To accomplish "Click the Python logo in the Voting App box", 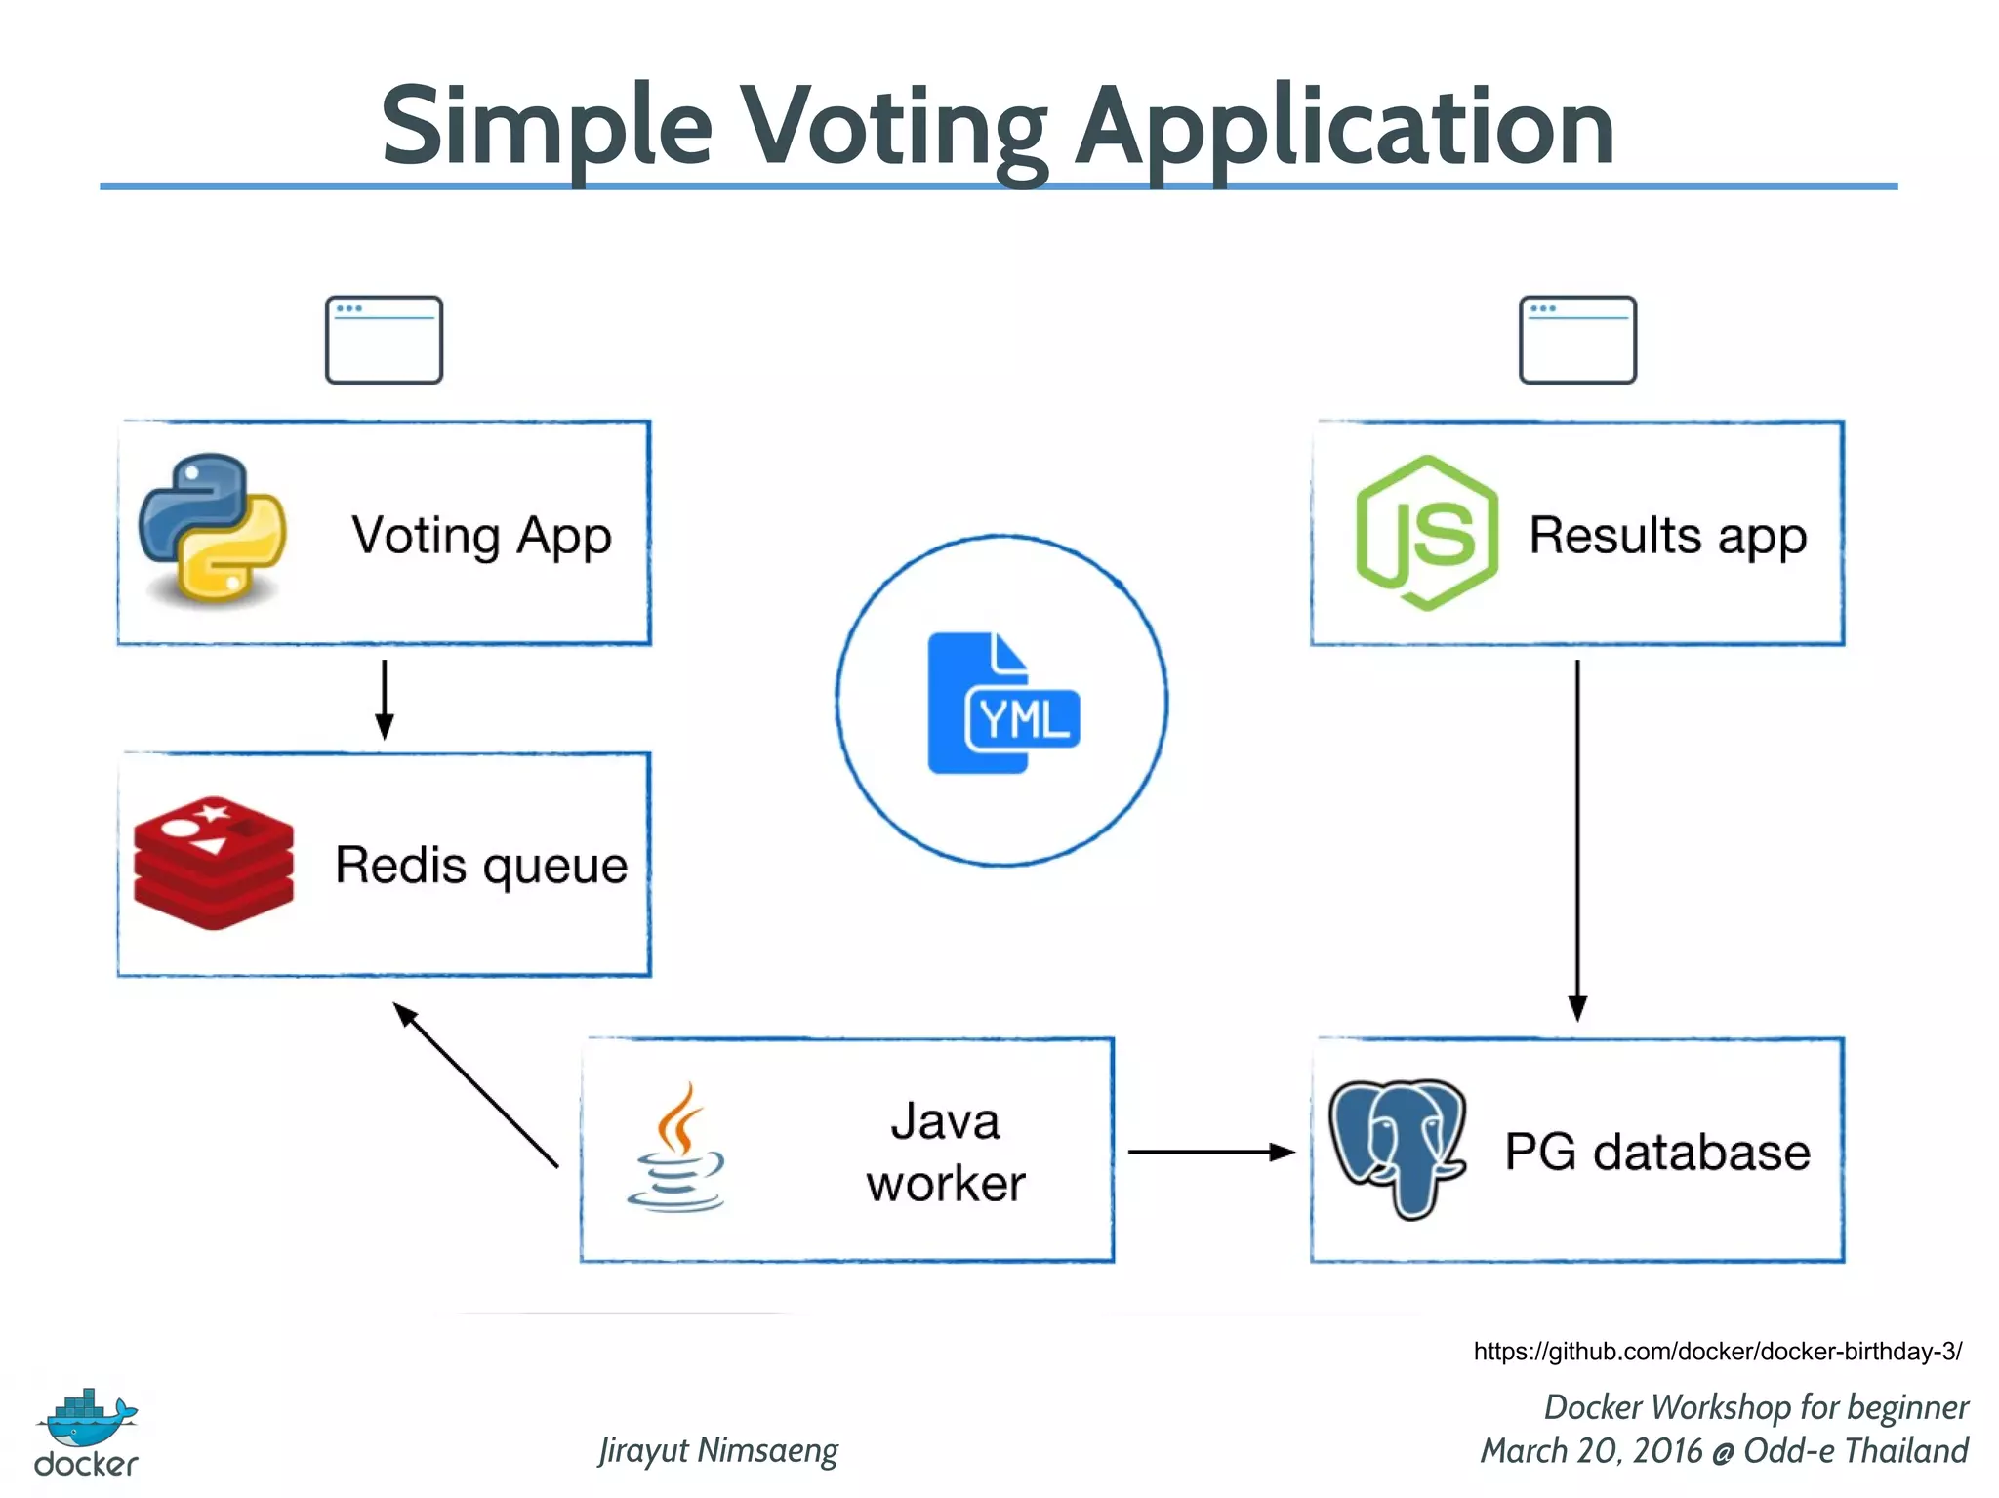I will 212,528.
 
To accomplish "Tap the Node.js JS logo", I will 1427,533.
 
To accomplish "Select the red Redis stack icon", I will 213,863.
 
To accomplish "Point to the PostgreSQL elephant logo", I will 1398,1147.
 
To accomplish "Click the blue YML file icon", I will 1002,703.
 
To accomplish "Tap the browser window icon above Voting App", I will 384,340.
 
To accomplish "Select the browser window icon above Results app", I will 1577,340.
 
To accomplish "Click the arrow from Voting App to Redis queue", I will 385,699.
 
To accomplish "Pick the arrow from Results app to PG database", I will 1577,839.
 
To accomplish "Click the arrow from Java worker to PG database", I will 1210,1153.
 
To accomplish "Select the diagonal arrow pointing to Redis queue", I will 475,1084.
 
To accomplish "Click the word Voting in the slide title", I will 893,128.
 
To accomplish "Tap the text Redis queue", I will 481,866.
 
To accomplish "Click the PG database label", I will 1656,1152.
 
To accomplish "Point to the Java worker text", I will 945,1153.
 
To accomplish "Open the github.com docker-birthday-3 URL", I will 1717,1352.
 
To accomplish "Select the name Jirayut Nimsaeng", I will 718,1450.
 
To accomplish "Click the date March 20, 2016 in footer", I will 1591,1451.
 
